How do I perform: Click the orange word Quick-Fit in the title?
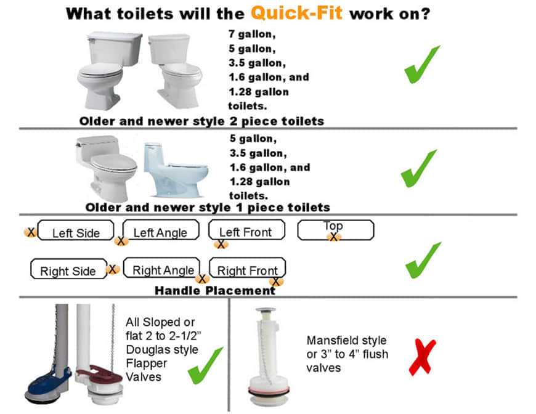coord(297,14)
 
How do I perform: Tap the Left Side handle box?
coord(76,230)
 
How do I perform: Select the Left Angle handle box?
coord(161,230)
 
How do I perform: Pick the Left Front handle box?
coord(246,229)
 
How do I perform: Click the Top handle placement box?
coord(336,230)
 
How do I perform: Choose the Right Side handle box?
coord(69,269)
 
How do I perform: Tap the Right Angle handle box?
coord(161,267)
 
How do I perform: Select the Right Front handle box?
coord(247,267)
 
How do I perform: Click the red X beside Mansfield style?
coord(423,357)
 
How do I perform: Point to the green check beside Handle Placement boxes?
coord(423,260)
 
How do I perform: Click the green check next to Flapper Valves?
coord(205,365)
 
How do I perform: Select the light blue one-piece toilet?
coord(175,170)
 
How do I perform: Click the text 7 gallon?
coord(252,34)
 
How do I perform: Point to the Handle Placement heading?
coord(215,291)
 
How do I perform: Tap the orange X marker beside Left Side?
coord(30,232)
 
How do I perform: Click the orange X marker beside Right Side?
coord(113,269)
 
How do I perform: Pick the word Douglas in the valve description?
coord(145,350)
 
